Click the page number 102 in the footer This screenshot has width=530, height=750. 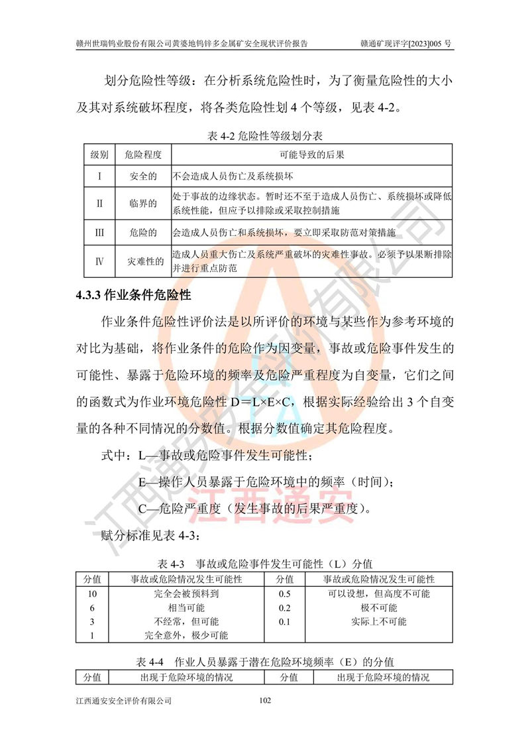(265, 700)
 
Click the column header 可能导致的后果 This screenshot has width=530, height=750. (312, 155)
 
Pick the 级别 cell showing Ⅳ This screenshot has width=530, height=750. (99, 262)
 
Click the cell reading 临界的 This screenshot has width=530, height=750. (143, 204)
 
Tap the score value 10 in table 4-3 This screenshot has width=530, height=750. (93, 594)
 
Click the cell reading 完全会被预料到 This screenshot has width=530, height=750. (186, 594)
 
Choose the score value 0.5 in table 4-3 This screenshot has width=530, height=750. (286, 594)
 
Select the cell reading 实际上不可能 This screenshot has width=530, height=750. (379, 621)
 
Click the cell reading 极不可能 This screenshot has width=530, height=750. (379, 607)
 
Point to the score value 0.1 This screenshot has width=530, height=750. (286, 621)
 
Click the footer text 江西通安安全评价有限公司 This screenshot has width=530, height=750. (125, 700)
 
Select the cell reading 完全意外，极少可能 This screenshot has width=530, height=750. (186, 635)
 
